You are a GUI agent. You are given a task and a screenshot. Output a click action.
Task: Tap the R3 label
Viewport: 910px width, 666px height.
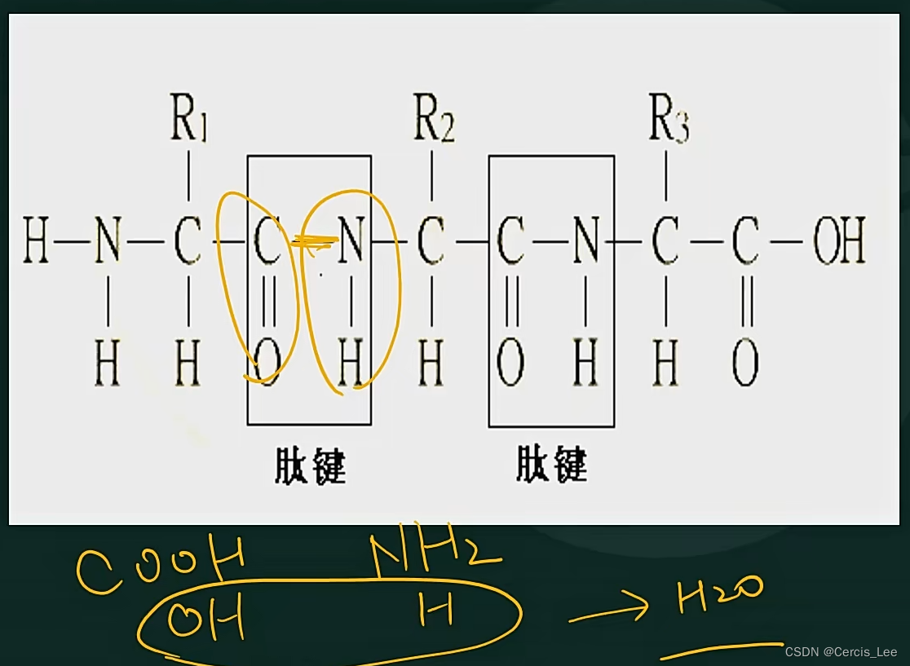(669, 122)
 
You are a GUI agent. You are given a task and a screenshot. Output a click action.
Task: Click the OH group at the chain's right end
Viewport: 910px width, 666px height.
(839, 242)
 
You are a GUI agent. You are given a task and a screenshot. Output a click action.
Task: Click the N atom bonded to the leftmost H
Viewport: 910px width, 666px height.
(108, 242)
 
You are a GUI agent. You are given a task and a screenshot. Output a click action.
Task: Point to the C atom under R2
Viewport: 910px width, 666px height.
(431, 242)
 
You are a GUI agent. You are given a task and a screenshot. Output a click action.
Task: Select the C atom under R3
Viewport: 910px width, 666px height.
(665, 242)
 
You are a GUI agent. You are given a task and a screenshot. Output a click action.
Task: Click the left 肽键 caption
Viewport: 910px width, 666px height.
(310, 466)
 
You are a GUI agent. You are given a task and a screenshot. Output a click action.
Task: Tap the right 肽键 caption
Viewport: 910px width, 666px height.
(551, 466)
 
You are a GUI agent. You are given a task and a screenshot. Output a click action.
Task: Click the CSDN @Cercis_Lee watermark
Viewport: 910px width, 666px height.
(841, 652)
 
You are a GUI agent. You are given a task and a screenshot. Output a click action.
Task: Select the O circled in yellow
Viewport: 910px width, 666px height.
(267, 363)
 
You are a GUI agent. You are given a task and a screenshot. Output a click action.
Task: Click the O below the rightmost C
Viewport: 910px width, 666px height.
(744, 364)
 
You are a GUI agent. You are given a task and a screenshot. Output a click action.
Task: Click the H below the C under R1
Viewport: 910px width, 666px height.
(188, 364)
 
